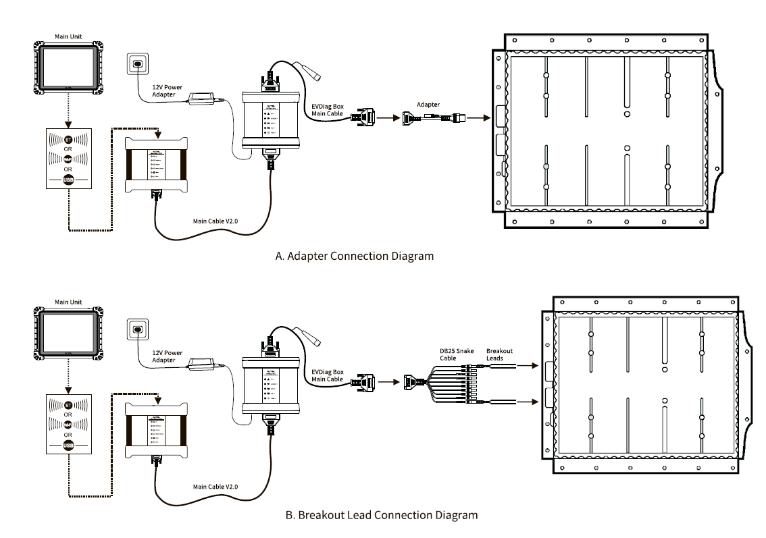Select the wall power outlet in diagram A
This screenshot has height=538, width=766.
tap(138, 65)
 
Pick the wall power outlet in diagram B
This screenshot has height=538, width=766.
tap(138, 330)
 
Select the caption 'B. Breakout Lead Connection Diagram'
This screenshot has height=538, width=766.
tap(381, 514)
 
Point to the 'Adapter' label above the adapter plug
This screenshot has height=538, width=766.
tap(428, 105)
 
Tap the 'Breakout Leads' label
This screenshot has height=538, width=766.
tap(499, 354)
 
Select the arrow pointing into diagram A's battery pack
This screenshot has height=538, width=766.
tap(480, 117)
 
